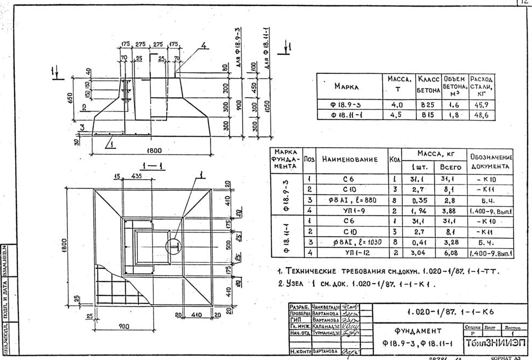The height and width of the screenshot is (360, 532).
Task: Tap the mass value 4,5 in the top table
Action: click(397, 115)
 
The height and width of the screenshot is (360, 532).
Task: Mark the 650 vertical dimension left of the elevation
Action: click(69, 97)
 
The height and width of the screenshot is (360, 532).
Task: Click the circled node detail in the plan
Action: click(177, 246)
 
